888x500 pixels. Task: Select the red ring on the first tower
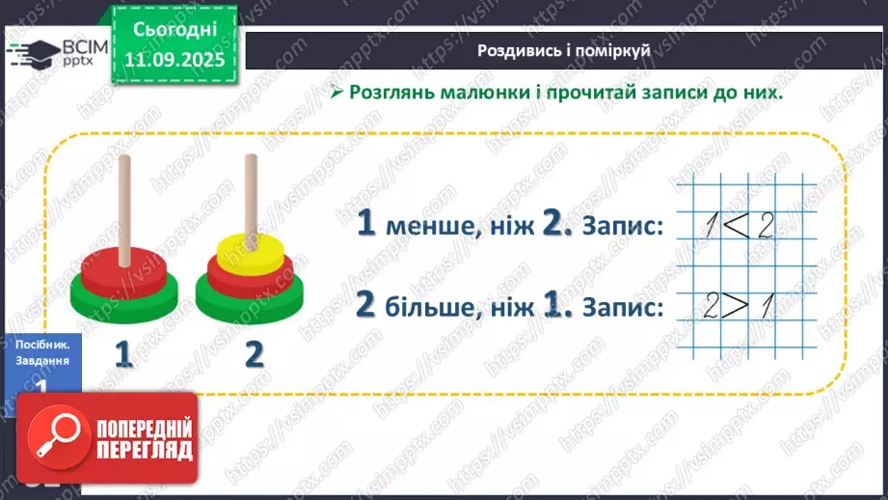(123, 263)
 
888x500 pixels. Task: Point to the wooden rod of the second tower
(251, 193)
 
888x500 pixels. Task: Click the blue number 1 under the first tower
(122, 354)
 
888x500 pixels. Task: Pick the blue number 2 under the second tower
(254, 354)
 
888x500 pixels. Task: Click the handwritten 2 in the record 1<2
(766, 228)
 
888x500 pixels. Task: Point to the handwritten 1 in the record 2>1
(767, 307)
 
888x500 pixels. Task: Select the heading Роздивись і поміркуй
(564, 50)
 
